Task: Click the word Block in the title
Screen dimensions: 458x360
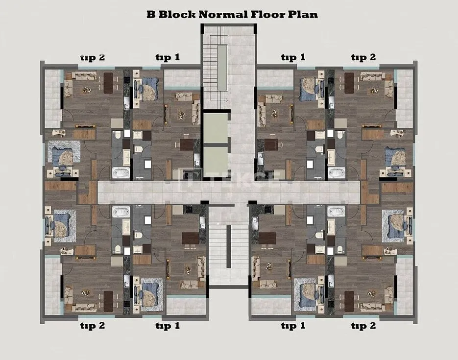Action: (177, 14)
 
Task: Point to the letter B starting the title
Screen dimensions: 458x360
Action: (151, 14)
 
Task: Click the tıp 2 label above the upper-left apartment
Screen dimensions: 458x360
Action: (93, 57)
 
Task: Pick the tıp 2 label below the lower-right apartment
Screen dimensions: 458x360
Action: (363, 326)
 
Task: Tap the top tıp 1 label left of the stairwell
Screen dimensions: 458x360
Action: (168, 57)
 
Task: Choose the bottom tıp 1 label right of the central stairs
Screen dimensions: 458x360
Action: (293, 326)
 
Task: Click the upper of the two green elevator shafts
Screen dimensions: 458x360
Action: (215, 128)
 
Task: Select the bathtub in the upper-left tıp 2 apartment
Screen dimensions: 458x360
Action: (121, 173)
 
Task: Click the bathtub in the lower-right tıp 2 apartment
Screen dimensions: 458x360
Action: (336, 212)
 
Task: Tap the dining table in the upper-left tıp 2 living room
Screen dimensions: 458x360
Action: (108, 83)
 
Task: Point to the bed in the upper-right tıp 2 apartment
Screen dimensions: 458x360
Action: (395, 159)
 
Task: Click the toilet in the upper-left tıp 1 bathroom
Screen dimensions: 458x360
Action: (138, 149)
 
